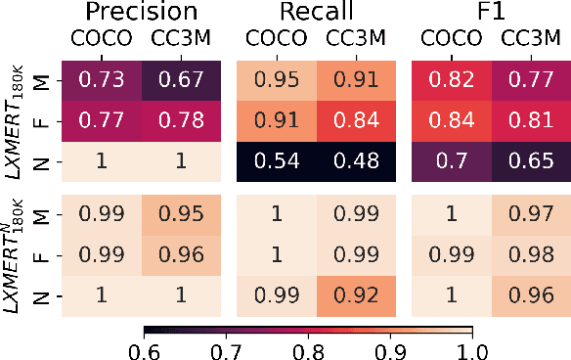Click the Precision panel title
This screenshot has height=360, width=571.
click(142, 13)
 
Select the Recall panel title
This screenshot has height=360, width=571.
click(317, 13)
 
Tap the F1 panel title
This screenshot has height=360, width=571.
click(492, 13)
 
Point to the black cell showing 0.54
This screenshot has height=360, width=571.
click(277, 164)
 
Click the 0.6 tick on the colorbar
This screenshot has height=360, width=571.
click(145, 348)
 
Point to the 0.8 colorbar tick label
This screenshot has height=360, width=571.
click(308, 348)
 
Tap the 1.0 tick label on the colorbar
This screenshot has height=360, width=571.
click(472, 348)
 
